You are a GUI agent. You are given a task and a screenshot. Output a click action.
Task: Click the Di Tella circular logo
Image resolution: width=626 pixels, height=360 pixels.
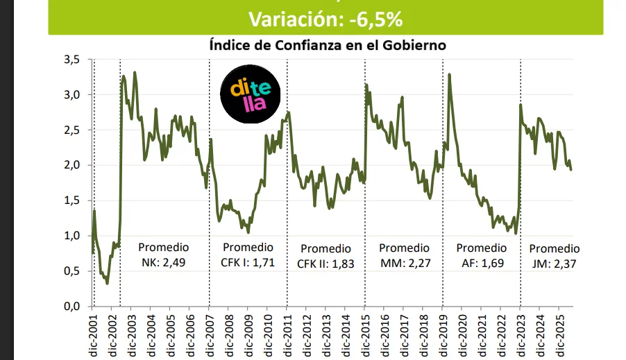tap(251, 94)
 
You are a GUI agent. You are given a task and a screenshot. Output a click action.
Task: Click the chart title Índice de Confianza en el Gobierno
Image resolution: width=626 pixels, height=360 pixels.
tap(328, 45)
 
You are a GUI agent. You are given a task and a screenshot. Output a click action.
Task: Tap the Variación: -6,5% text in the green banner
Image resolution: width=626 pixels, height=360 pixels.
tap(325, 19)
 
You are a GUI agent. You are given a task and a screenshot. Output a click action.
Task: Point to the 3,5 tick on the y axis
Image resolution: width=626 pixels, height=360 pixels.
tap(72, 60)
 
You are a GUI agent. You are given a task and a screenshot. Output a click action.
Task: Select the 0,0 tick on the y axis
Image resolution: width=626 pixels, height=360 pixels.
tap(72, 307)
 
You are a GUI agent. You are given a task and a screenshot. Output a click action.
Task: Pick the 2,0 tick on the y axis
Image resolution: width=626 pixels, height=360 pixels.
tap(72, 165)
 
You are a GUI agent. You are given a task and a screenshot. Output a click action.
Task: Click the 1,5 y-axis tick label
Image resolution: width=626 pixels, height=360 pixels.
tap(72, 200)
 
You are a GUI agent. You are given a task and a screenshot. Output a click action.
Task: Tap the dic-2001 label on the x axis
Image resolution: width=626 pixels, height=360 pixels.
tap(93, 335)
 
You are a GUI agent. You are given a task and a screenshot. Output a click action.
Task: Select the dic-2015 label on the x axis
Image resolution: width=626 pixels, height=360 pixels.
tap(366, 335)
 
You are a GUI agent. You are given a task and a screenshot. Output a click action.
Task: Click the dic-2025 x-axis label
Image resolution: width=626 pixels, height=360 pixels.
tap(561, 335)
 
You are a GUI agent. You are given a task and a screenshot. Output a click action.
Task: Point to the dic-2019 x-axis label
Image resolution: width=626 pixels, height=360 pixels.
tap(443, 335)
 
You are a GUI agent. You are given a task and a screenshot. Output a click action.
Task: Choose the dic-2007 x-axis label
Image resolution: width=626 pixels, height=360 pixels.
tap(210, 335)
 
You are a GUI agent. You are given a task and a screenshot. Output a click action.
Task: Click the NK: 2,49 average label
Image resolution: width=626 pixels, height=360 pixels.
tap(164, 263)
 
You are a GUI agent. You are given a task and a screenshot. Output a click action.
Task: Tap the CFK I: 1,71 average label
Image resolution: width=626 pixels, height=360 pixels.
tap(248, 263)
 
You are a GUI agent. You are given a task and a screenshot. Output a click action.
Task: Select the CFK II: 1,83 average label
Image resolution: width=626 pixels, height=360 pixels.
tap(325, 264)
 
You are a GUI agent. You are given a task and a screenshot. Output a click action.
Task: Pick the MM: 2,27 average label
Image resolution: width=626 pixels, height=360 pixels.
tap(405, 263)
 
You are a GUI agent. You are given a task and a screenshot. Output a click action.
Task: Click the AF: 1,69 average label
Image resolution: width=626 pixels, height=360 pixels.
tap(482, 263)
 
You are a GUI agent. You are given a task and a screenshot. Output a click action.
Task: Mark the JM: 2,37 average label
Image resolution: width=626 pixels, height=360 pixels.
tap(554, 264)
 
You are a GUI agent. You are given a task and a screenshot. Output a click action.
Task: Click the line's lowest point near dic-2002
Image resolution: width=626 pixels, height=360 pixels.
tap(107, 284)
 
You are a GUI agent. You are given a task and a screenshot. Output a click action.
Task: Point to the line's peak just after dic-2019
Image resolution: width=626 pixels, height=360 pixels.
tap(450, 74)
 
